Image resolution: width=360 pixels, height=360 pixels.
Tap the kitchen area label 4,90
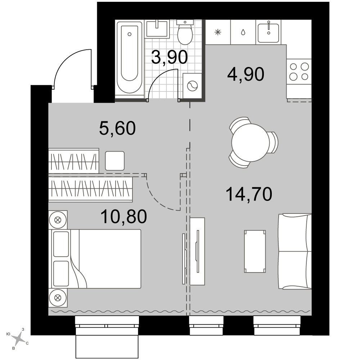[x=246, y=75]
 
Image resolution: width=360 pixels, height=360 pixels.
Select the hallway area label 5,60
[x=117, y=128]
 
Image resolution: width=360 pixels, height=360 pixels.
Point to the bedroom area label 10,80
[x=123, y=217]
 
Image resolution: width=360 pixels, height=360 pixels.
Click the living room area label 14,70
[x=249, y=194]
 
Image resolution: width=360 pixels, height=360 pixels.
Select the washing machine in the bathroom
[x=192, y=86]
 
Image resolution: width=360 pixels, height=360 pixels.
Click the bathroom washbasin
[x=157, y=29]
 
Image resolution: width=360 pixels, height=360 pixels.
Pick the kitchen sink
[x=269, y=32]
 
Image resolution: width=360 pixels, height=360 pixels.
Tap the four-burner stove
[x=299, y=72]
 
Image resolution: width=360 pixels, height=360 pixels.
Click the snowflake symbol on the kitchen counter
[x=218, y=32]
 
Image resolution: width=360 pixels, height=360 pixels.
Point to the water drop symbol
[x=243, y=32]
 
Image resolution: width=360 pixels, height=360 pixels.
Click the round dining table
[x=251, y=143]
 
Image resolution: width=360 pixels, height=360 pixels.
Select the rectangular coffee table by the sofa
[x=255, y=251]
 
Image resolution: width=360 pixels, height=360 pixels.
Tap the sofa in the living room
[x=295, y=251]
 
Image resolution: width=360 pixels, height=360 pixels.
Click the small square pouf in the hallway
[x=115, y=161]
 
